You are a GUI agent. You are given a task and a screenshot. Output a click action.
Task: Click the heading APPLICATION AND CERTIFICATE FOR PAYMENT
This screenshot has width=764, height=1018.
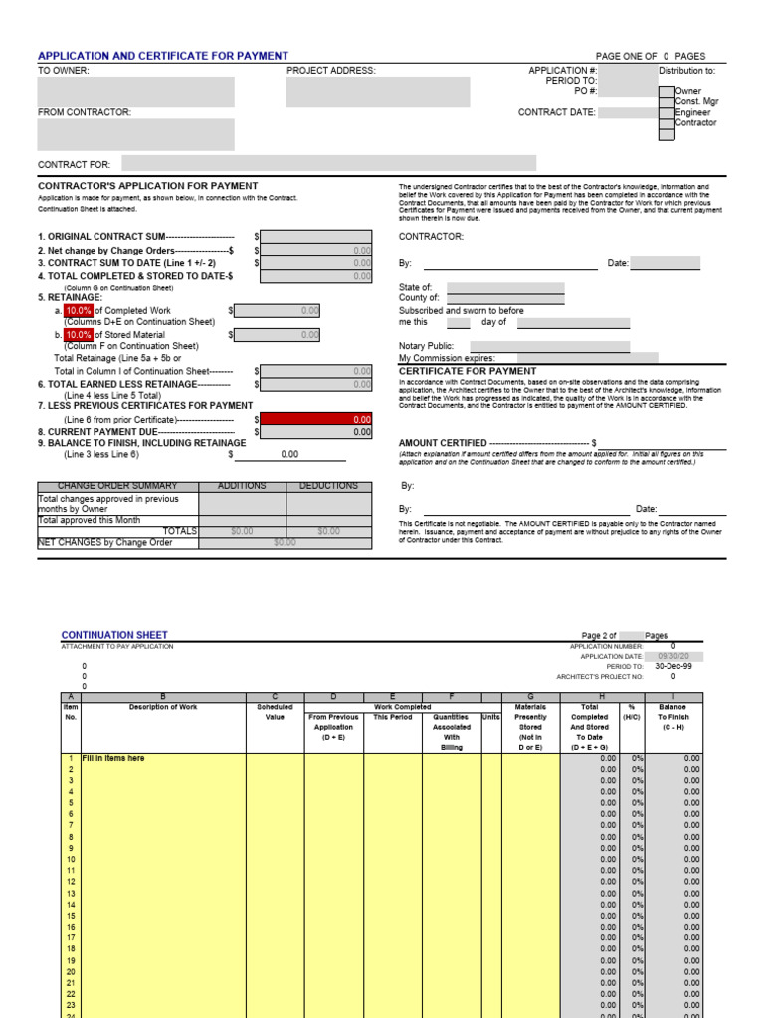163,56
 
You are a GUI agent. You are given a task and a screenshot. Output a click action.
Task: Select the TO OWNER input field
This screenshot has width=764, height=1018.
135,91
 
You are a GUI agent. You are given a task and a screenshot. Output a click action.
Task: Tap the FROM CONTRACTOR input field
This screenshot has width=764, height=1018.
135,134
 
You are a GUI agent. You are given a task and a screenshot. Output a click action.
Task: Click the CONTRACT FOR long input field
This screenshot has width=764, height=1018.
328,163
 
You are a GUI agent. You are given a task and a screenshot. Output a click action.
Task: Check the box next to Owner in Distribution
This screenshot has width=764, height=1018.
666,92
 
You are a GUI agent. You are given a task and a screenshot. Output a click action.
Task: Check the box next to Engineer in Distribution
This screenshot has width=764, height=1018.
666,113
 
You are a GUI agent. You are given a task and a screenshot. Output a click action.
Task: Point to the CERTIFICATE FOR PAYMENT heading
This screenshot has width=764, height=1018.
453,371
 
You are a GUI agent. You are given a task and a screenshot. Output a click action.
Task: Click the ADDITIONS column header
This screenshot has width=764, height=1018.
242,486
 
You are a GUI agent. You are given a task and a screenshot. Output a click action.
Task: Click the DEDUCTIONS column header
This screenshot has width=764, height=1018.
328,486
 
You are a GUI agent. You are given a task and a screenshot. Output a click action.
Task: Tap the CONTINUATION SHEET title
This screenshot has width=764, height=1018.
114,635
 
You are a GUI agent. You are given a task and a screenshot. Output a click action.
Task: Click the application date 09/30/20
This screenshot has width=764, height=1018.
680,657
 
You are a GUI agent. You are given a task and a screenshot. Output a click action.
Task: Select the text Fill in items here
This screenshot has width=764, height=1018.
113,758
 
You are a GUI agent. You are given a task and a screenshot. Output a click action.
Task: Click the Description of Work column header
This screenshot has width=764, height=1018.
163,707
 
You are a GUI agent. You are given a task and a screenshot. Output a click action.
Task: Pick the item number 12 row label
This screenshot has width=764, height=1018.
71,882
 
